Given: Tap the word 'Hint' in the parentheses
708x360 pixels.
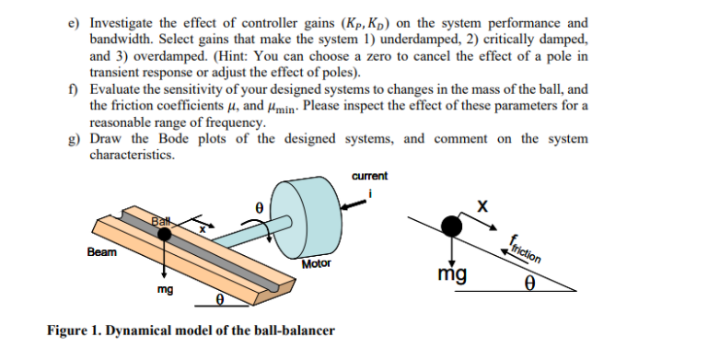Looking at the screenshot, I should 228,57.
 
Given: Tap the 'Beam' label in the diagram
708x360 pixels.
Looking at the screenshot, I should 101,251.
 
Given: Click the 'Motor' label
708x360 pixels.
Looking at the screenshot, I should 317,264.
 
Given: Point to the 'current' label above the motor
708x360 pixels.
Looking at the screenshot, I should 368,176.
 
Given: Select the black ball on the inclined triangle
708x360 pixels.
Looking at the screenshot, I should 453,225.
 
